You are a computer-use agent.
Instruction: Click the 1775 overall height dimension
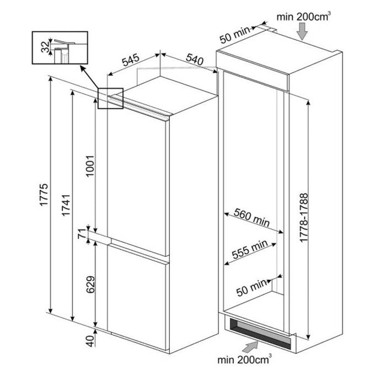(44, 195)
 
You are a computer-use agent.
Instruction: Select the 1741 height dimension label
(66, 205)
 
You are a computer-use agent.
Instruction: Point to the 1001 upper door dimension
(90, 166)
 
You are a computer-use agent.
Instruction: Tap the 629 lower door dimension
(90, 285)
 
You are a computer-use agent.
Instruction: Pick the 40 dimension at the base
(90, 341)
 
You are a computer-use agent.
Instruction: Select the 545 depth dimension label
(131, 60)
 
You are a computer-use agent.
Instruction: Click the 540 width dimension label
(195, 59)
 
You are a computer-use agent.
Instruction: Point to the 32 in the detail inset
(45, 47)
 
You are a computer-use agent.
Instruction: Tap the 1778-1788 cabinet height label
(304, 218)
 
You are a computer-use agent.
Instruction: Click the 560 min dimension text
(251, 217)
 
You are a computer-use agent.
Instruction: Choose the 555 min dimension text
(250, 249)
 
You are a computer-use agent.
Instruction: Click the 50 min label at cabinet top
(235, 35)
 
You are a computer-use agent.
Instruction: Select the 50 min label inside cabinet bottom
(251, 288)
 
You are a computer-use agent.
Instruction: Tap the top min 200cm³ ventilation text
(304, 17)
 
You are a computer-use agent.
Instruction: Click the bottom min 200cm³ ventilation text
(244, 359)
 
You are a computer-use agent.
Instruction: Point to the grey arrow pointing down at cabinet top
(302, 31)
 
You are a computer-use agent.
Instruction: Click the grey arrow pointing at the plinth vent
(250, 347)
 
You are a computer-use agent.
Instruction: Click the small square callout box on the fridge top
(110, 98)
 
